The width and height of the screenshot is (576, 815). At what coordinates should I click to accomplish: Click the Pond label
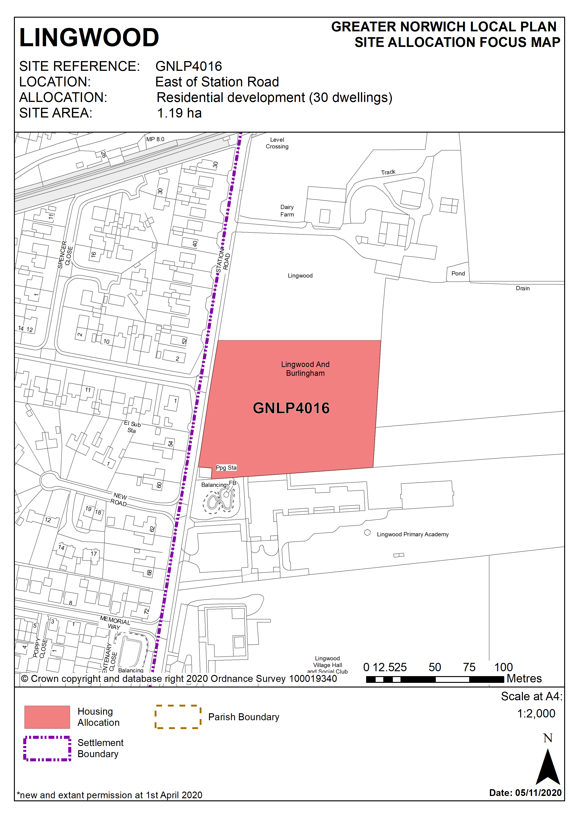(x=458, y=273)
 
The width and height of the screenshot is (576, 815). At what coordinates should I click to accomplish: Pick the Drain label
(x=522, y=288)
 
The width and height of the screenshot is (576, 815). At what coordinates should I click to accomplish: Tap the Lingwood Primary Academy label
(x=412, y=534)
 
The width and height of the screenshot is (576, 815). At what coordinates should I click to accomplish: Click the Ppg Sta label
(x=226, y=468)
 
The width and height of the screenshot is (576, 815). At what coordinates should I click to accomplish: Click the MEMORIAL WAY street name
(x=115, y=623)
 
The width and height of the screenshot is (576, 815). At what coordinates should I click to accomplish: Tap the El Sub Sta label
(x=132, y=427)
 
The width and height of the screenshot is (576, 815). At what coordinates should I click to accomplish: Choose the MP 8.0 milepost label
(x=155, y=139)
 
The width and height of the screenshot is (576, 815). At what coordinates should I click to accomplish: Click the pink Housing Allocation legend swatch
(x=47, y=717)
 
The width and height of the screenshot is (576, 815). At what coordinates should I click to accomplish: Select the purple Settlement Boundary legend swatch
(x=47, y=748)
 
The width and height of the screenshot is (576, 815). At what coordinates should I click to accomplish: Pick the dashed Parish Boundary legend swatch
(x=178, y=717)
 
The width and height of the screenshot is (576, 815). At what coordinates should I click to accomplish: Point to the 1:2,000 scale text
(x=536, y=714)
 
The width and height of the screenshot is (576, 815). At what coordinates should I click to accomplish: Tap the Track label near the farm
(x=388, y=172)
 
